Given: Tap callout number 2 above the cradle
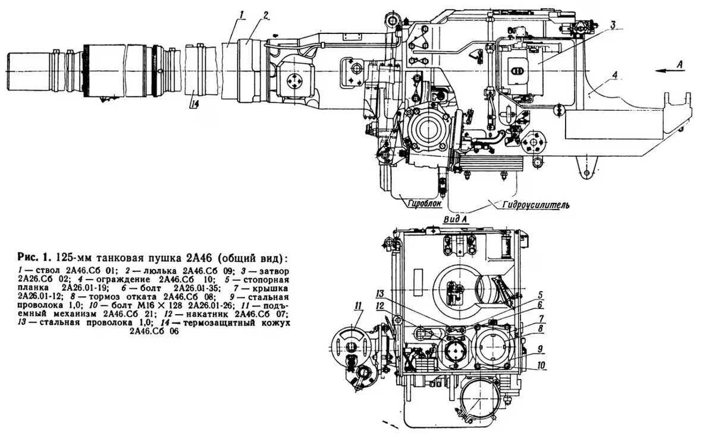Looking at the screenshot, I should tap(266, 14).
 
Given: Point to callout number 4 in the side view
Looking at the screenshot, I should tap(614, 75).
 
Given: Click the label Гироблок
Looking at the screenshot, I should tap(423, 203).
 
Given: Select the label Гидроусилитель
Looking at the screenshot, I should tap(536, 205).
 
